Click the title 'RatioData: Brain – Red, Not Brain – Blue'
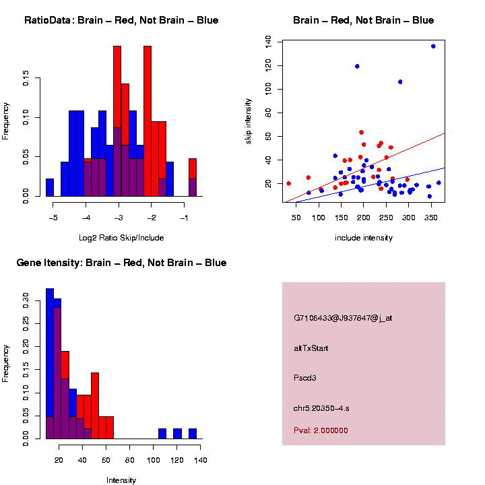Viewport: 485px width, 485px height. click(121, 20)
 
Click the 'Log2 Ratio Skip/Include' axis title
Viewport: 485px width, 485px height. click(121, 238)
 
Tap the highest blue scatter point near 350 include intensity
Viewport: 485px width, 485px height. click(433, 46)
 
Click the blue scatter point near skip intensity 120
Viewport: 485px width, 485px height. click(357, 66)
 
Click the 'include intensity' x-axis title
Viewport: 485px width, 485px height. click(364, 238)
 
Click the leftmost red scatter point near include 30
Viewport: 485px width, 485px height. click(288, 183)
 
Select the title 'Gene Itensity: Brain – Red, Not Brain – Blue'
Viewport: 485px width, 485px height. click(121, 263)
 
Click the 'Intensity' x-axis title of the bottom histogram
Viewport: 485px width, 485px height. click(121, 480)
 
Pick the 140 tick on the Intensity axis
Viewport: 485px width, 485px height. click(201, 460)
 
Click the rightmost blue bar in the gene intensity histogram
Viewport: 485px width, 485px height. click(192, 434)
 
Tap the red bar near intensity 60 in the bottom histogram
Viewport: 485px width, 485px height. click(109, 428)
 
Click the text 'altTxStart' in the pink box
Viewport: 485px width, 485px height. click(311, 348)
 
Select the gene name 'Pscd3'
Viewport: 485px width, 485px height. click(305, 378)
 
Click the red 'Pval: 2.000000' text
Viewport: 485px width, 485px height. click(321, 430)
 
